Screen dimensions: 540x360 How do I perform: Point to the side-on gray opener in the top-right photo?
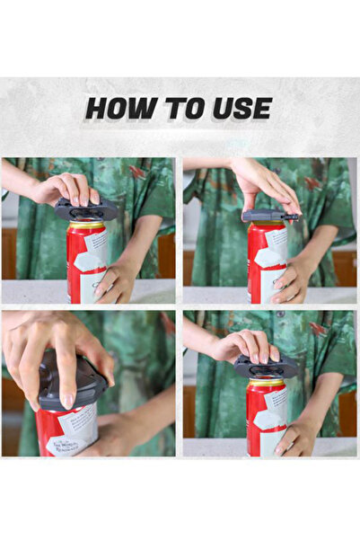pos(269,216)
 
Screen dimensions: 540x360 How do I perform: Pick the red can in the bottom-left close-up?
pos(67,431)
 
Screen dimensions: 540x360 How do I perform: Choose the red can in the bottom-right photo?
pos(267,418)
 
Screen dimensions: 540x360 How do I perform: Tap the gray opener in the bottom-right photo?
pos(266,367)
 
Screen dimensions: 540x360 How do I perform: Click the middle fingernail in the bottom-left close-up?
pos(67,401)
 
